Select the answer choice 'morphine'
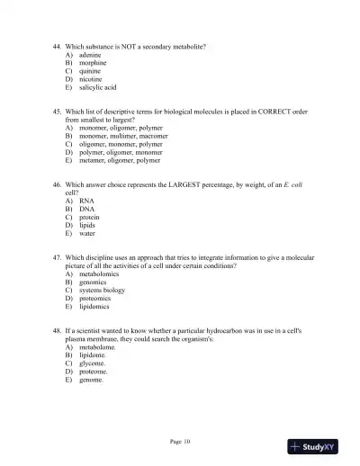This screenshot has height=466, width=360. [x=94, y=64]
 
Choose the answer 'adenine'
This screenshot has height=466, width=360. [x=93, y=56]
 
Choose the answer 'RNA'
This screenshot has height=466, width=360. [x=87, y=201]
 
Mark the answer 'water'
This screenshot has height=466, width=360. [x=87, y=233]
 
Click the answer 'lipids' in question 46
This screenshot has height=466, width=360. [x=88, y=225]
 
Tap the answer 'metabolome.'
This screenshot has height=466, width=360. [x=99, y=347]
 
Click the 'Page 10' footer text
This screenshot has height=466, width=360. [x=180, y=441]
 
